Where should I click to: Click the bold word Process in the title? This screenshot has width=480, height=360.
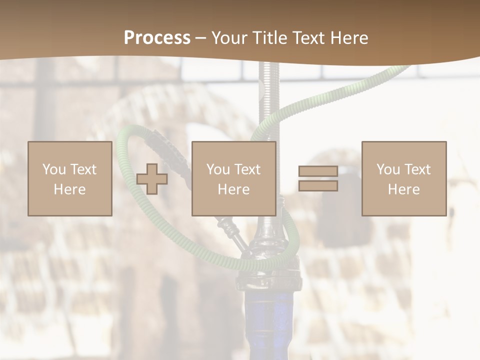point(157,38)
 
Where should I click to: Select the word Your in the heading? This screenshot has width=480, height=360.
point(229,38)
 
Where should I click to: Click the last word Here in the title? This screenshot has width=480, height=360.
point(350,38)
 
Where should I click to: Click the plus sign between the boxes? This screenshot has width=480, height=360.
point(152,178)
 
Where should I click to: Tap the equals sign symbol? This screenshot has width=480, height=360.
point(318,178)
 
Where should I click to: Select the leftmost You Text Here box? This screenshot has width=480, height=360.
point(69,178)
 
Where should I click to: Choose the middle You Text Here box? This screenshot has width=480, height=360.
point(233,178)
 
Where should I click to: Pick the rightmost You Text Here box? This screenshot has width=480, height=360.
point(403,178)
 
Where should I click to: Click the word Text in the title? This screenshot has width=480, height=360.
point(307,38)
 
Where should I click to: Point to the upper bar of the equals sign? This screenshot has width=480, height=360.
point(318,171)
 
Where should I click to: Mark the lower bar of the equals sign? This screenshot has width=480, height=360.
point(318,186)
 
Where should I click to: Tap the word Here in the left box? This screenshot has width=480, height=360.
point(69,189)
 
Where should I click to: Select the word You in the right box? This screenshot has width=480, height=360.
point(388,169)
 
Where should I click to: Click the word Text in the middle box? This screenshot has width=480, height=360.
point(247,169)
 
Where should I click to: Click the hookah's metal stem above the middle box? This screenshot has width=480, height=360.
point(269,100)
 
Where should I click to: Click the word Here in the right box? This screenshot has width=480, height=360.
point(403,189)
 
